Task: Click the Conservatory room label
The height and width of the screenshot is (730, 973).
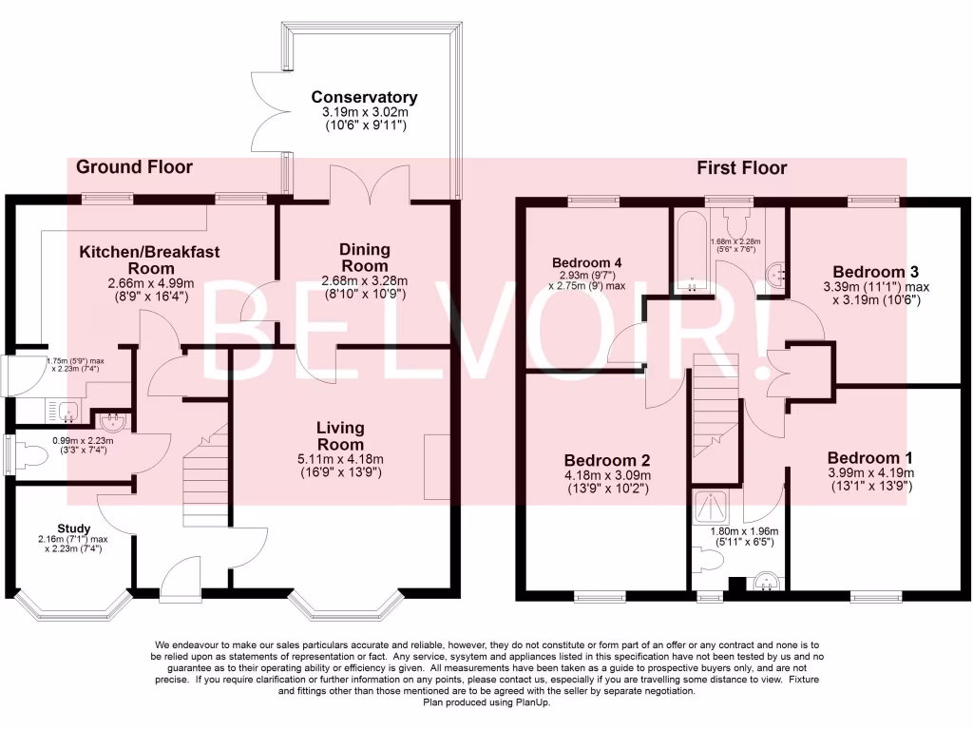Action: pos(364,97)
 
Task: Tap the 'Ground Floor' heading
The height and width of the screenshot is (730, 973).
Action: pos(134,167)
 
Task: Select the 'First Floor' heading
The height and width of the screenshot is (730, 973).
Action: pos(742,168)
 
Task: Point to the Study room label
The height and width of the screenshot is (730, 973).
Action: pos(73,528)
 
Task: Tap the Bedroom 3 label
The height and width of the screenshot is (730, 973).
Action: pos(875,270)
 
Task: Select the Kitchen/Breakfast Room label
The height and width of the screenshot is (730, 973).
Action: pos(149,259)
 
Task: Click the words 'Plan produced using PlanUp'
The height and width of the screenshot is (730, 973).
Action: pos(486,703)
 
